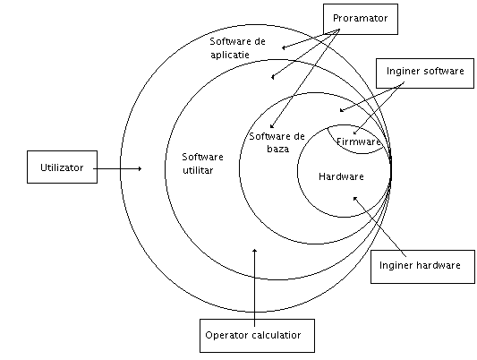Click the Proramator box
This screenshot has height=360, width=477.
[361, 19]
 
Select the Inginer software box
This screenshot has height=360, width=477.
[425, 73]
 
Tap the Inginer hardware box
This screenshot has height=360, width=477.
[422, 267]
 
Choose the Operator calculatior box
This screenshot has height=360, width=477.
[257, 336]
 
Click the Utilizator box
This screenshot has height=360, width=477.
[62, 167]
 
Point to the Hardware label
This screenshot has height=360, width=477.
[341, 176]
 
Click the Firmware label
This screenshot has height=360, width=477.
[358, 141]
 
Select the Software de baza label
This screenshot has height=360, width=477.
[277, 142]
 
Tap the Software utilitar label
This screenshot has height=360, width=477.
[202, 163]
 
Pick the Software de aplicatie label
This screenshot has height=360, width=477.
[237, 47]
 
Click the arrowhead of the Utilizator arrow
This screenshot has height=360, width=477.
[140, 168]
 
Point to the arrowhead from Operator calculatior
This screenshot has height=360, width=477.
[255, 251]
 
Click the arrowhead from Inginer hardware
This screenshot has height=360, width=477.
[355, 199]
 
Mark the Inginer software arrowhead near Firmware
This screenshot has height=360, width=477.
[355, 133]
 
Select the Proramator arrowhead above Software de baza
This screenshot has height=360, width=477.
[272, 125]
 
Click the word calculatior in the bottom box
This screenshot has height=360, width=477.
[277, 335]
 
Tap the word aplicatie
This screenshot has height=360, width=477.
[230, 55]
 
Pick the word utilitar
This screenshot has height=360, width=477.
[198, 170]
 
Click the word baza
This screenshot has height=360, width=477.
[278, 149]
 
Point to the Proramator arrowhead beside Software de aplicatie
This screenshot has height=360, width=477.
[284, 47]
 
